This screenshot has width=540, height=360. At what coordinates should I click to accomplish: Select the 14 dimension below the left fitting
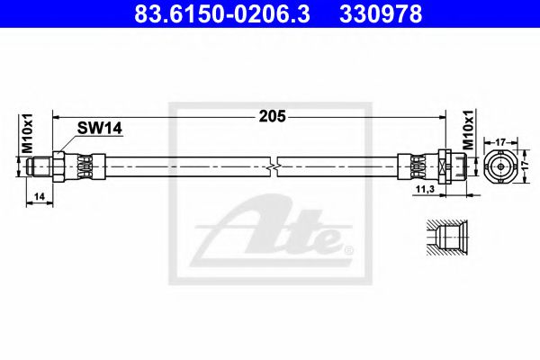(37, 195)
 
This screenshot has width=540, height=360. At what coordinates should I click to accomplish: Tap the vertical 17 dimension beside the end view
(530, 166)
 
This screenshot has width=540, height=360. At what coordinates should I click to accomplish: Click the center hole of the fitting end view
(500, 166)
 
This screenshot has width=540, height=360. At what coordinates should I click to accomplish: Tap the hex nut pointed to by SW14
(58, 166)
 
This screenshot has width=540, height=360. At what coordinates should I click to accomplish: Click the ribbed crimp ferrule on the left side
(84, 166)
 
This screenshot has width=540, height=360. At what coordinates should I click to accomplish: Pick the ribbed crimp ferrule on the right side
(418, 166)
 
